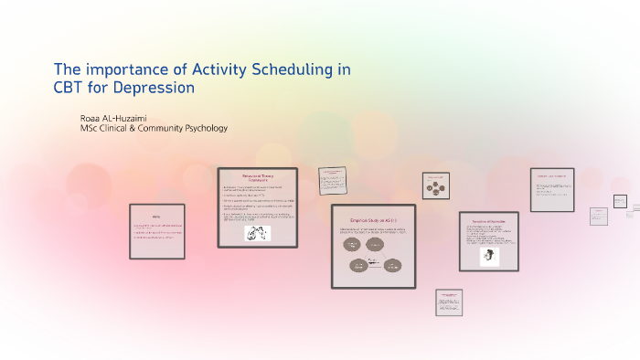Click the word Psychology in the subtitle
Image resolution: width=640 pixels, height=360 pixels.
click(203, 128)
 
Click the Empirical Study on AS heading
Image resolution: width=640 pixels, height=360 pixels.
click(371, 220)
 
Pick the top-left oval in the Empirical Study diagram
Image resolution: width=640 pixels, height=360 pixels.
click(352, 245)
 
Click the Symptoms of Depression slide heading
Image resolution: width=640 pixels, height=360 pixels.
click(488, 222)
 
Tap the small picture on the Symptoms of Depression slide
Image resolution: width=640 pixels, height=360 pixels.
click(490, 257)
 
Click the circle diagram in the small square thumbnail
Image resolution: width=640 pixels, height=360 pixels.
click(435, 186)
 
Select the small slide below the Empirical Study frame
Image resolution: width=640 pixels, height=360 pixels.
click(448, 302)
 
